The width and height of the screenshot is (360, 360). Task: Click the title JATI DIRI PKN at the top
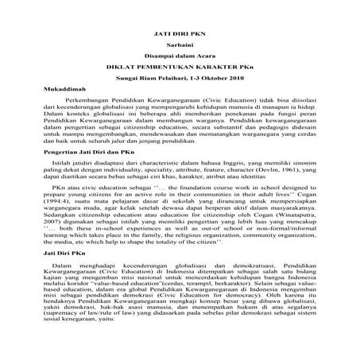tap(180, 37)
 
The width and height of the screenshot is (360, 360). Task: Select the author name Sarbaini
tap(180, 49)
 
